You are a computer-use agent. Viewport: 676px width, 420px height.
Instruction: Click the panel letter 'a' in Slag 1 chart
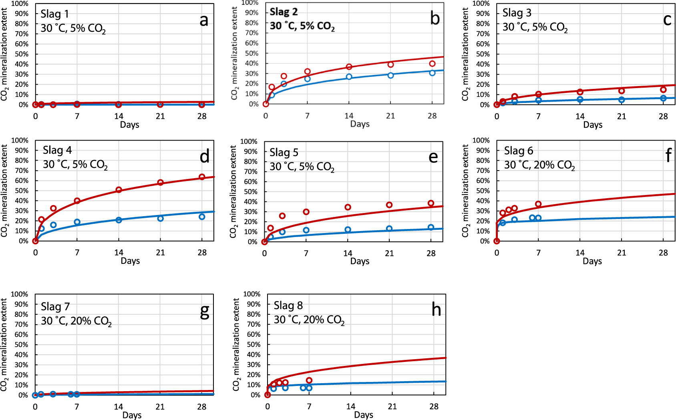click(204, 20)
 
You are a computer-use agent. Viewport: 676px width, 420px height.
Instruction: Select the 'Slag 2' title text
click(284, 12)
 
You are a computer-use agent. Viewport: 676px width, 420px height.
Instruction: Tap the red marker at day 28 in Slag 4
click(202, 177)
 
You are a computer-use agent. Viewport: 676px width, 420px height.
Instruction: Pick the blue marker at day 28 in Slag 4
click(202, 217)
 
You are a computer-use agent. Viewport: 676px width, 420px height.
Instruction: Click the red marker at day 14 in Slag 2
click(349, 67)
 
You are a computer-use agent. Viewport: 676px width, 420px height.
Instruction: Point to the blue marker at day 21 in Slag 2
click(390, 75)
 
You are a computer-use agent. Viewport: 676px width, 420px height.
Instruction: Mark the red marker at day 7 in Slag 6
click(538, 204)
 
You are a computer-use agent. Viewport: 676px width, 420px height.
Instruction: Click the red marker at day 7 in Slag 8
click(309, 380)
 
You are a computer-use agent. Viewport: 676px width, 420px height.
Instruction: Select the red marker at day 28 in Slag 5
click(431, 203)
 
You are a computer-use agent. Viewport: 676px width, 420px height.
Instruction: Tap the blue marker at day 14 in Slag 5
click(348, 230)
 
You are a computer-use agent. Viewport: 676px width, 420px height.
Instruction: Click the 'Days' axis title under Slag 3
click(593, 125)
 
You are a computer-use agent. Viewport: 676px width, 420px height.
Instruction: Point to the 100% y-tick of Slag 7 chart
click(19, 294)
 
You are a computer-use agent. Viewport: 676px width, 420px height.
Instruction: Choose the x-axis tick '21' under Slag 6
click(622, 253)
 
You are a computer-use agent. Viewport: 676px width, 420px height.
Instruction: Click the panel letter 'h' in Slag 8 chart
click(436, 310)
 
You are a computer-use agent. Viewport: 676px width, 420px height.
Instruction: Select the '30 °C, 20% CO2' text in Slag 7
click(76, 321)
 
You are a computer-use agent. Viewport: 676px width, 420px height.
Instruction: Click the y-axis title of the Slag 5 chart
click(233, 191)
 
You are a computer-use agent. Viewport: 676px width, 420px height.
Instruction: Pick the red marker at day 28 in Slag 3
click(663, 90)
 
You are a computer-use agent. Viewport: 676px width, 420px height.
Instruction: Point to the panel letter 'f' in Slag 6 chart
click(668, 156)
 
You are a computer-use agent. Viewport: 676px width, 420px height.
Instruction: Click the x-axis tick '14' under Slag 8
click(351, 407)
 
